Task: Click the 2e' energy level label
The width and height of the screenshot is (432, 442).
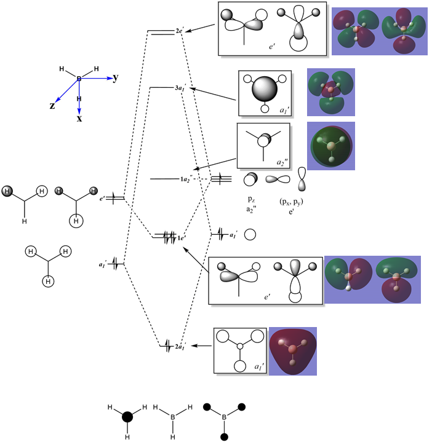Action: pyautogui.click(x=180, y=31)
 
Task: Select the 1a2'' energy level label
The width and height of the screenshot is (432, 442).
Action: pyautogui.click(x=186, y=179)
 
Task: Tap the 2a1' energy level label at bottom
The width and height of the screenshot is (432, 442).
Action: pyautogui.click(x=180, y=347)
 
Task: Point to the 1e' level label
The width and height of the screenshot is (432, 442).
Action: pyautogui.click(x=182, y=237)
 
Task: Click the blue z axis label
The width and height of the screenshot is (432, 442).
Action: pyautogui.click(x=52, y=106)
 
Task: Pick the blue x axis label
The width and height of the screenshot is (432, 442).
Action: pyautogui.click(x=79, y=118)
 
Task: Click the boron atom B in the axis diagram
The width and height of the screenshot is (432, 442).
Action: pyautogui.click(x=79, y=79)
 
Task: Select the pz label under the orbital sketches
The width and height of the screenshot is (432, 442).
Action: pyautogui.click(x=249, y=200)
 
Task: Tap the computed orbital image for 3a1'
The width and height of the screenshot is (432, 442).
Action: pyautogui.click(x=331, y=92)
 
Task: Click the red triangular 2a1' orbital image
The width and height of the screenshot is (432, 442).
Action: pyautogui.click(x=293, y=351)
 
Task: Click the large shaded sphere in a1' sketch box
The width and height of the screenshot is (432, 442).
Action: pyautogui.click(x=265, y=90)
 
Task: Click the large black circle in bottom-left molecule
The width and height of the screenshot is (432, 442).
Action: pyautogui.click(x=127, y=417)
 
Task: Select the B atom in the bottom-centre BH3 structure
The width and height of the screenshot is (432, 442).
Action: pyautogui.click(x=173, y=417)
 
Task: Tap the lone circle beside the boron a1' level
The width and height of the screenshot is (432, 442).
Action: pyautogui.click(x=250, y=234)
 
